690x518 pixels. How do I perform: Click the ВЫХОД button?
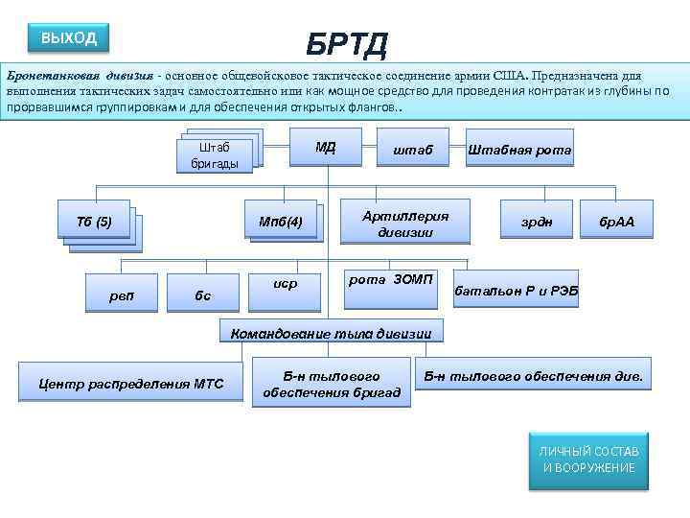(68, 38)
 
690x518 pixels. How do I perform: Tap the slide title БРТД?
(347, 43)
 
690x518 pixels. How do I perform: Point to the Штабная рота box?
(519, 151)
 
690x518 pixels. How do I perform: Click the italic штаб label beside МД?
(413, 151)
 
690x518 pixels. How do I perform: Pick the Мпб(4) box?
(281, 223)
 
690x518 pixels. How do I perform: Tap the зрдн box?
(537, 223)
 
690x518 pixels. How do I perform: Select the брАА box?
(617, 223)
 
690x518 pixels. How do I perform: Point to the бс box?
(202, 294)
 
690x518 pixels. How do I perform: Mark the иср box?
(285, 285)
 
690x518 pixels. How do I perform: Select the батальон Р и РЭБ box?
(516, 290)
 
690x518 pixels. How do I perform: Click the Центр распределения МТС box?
(130, 384)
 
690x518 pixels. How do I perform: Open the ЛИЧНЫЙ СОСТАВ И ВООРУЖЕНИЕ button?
(588, 459)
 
